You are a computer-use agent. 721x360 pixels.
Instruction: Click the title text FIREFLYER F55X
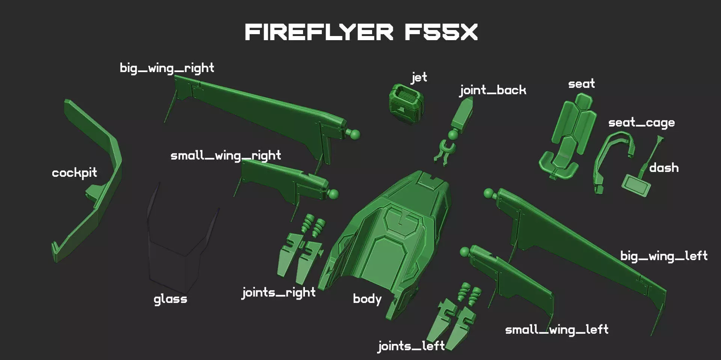coord(361,32)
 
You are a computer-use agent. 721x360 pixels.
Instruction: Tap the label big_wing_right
coord(167,68)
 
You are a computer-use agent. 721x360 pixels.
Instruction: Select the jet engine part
coord(406,103)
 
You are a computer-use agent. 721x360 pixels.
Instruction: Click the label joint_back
coord(493,90)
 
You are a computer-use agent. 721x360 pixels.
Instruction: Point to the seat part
coord(567,137)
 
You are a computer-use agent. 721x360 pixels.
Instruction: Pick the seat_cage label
coord(641,123)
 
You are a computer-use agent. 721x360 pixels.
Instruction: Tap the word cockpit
coord(74,173)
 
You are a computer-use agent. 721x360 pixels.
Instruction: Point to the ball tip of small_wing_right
coord(333,194)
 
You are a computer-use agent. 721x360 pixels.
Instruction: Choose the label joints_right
coord(279,292)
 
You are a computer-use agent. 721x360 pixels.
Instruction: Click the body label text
coord(367,299)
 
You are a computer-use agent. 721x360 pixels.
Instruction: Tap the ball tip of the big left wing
coord(489,193)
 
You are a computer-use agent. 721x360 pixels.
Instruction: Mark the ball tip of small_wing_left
coord(465,251)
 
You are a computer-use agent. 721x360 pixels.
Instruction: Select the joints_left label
coord(411,346)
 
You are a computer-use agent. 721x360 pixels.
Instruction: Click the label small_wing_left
coord(557,330)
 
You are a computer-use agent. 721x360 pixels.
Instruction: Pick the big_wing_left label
coord(664,256)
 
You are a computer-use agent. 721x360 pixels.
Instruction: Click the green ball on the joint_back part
coord(453,134)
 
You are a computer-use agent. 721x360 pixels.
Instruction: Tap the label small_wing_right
coord(226,155)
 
